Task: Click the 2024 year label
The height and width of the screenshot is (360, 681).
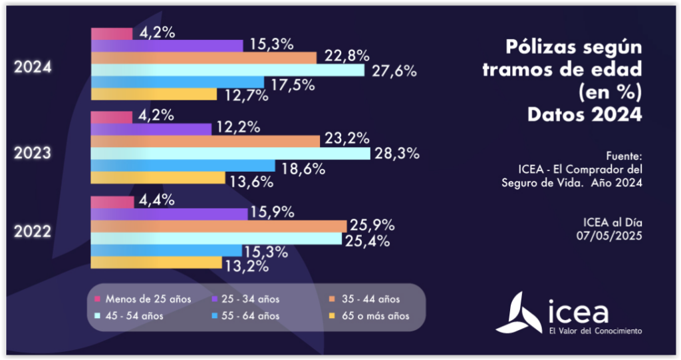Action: pos(33,68)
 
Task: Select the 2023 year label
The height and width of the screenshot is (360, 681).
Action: pos(33,153)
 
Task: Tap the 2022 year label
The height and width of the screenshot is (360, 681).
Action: pos(33,234)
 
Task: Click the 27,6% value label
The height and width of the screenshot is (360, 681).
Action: pos(393,71)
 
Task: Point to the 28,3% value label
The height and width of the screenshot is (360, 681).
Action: pos(396,154)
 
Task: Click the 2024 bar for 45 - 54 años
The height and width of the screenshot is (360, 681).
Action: pos(227,70)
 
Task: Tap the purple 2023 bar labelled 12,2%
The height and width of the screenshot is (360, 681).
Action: pos(150,128)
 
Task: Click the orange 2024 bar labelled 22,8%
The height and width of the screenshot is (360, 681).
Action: pos(203,57)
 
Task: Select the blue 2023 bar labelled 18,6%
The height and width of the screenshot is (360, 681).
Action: pos(182,166)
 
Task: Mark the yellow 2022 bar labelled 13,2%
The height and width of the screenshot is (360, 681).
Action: pos(156,263)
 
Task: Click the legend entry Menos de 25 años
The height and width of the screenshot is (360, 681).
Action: pos(144,299)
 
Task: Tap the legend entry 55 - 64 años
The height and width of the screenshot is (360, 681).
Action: pos(247,315)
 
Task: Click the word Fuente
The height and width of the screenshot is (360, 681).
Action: pos(624,155)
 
